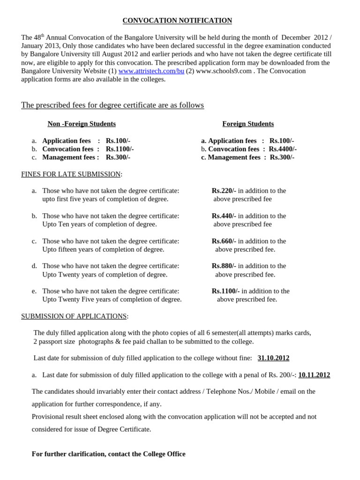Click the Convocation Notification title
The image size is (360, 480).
177,21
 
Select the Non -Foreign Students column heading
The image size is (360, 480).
82,124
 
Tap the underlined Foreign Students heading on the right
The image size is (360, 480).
248,124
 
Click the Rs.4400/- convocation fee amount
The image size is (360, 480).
283,149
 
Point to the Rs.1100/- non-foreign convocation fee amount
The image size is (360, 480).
120,149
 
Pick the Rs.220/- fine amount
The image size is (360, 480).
224,191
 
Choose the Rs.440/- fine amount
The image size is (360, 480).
224,216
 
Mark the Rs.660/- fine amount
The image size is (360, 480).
224,241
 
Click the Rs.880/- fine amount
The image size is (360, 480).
224,266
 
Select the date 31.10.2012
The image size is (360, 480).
273,358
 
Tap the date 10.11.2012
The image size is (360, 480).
314,375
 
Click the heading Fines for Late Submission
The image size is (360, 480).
71,174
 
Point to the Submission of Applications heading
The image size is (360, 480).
74,316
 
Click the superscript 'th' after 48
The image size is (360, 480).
43,35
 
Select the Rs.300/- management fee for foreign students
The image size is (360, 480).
282,157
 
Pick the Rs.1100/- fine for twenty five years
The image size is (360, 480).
225,291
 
